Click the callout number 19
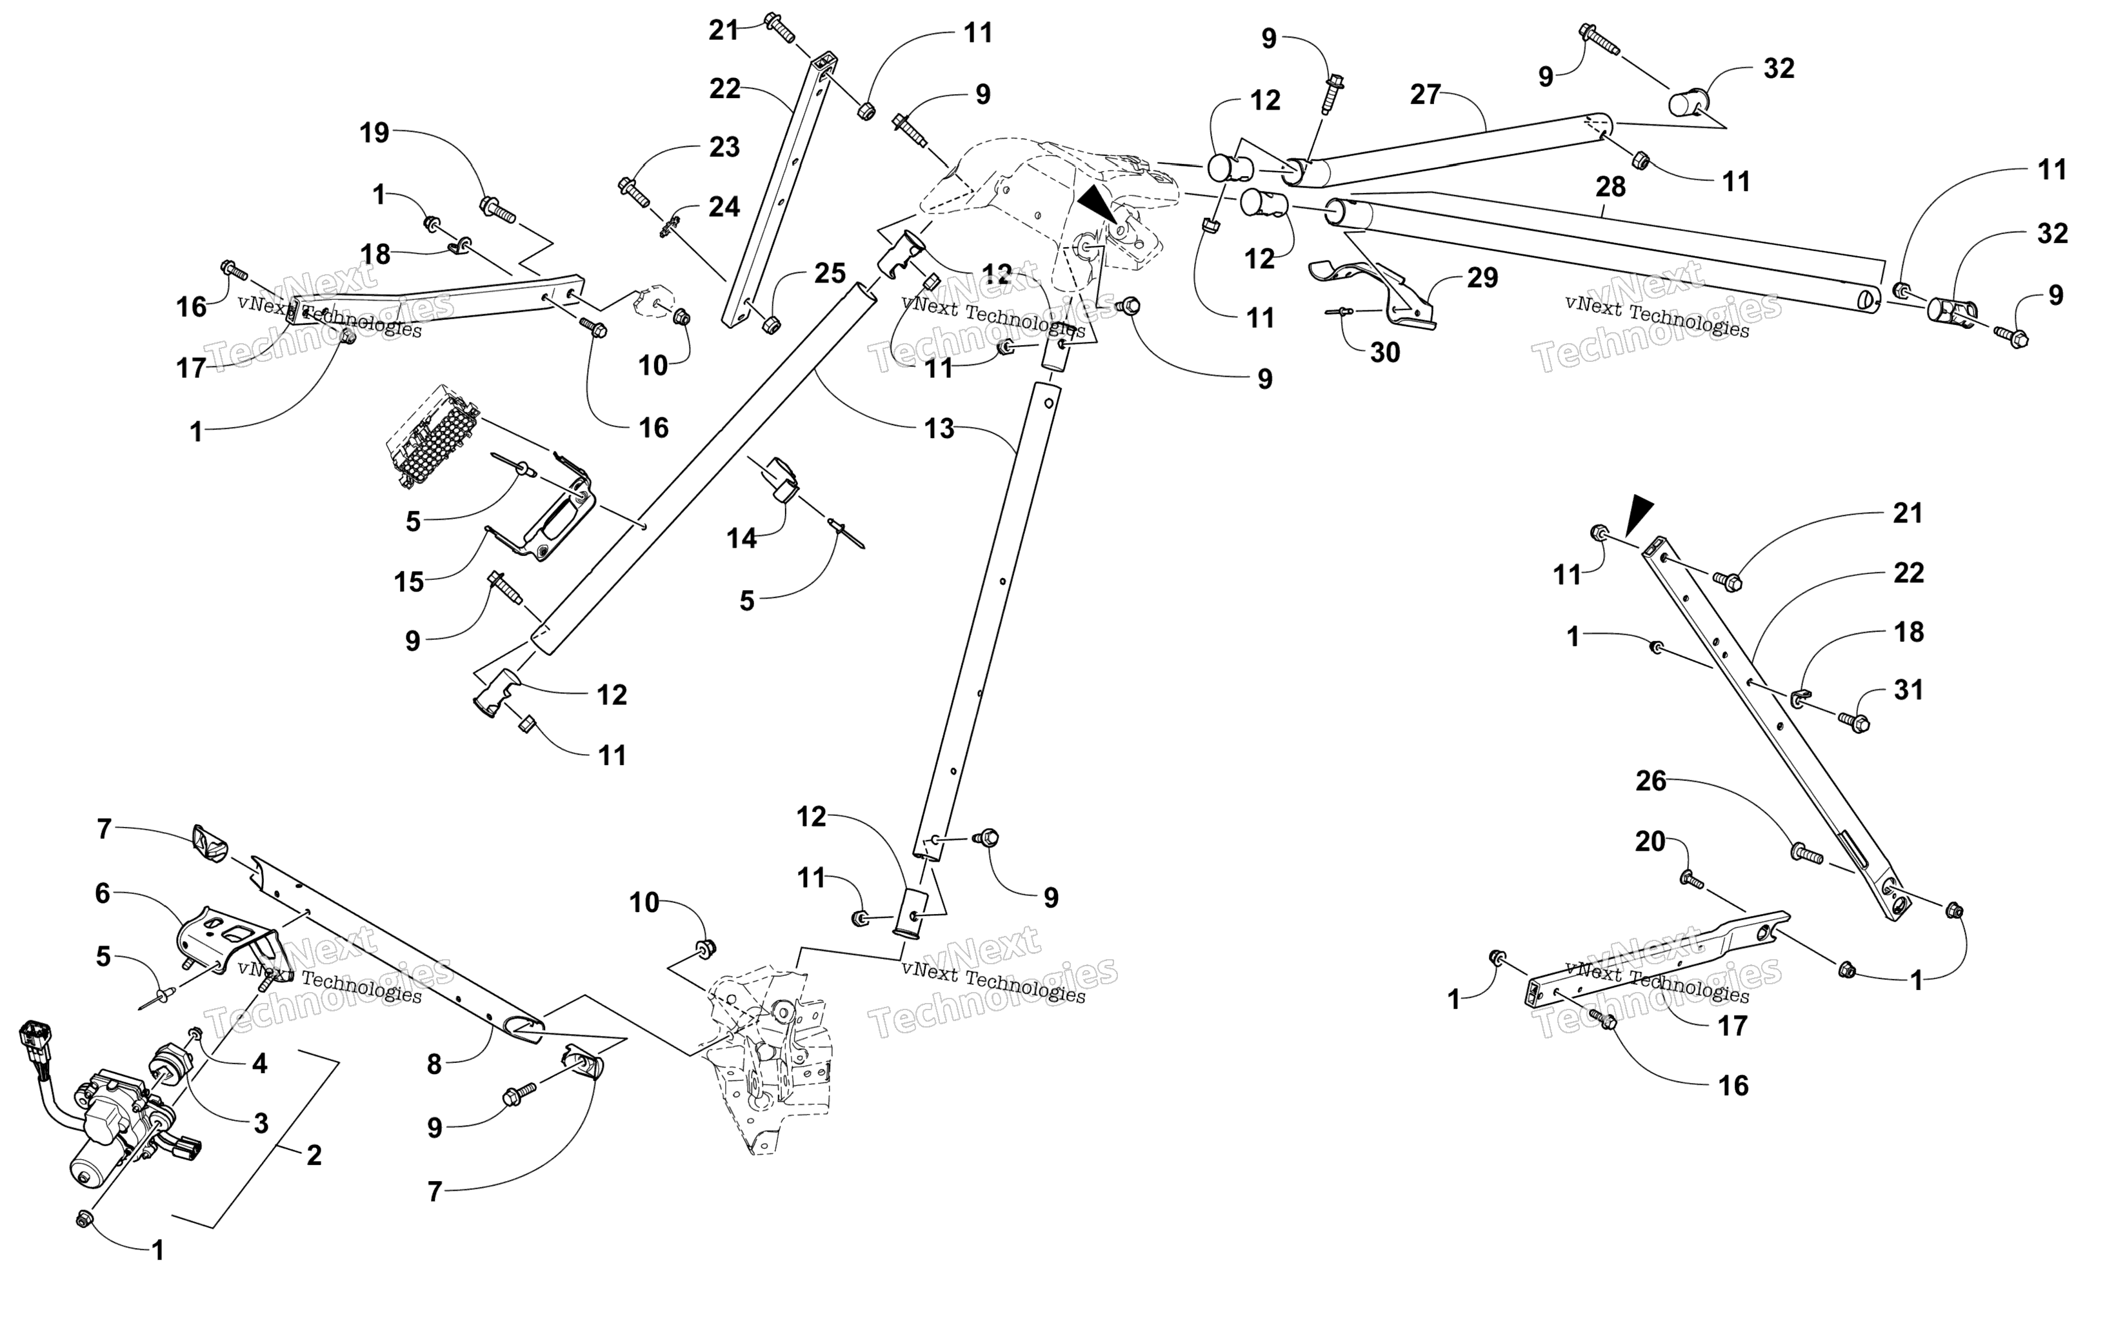point(375,133)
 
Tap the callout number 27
point(1425,94)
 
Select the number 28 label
point(1611,186)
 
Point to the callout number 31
point(1909,690)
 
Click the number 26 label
point(1651,780)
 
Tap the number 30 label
point(1384,352)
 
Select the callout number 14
point(742,538)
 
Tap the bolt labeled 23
point(633,192)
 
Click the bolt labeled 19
point(498,209)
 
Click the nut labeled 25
point(770,325)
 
